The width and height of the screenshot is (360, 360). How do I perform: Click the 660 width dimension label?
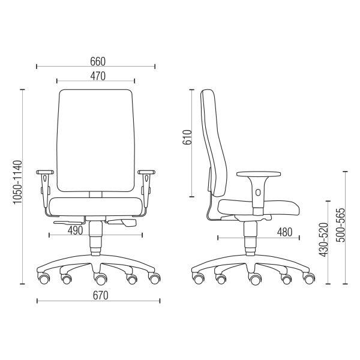tap(98, 61)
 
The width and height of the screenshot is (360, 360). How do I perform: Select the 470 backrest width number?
tap(98, 76)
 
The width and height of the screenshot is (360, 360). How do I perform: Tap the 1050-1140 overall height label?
tap(17, 182)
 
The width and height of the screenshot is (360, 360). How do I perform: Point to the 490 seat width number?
tap(75, 230)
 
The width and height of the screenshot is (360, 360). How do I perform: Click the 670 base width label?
tap(100, 295)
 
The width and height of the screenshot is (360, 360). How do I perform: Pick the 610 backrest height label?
tap(187, 137)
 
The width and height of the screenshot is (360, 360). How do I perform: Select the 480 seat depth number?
tap(284, 232)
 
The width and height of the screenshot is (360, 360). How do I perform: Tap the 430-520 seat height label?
tap(323, 239)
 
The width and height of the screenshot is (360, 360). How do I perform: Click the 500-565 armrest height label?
tap(340, 225)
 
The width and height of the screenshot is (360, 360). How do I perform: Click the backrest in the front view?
tap(96, 140)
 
